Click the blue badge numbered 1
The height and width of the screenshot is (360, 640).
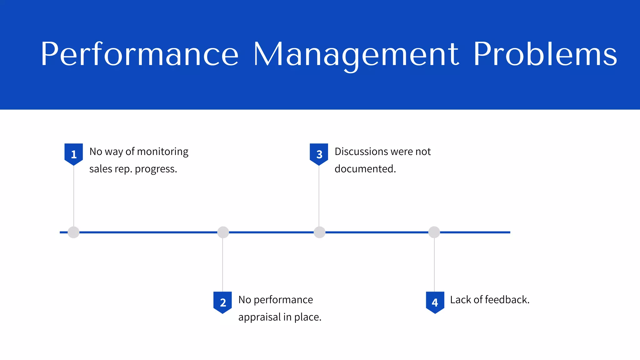point(73,154)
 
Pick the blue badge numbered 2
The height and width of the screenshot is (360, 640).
point(222,302)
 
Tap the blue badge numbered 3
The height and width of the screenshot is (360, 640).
point(319,154)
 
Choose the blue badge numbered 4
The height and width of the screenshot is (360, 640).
point(435,302)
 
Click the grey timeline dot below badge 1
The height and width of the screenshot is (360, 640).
point(73,232)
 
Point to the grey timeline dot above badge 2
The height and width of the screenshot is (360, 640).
point(223,232)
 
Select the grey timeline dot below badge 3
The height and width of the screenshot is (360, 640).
point(319,232)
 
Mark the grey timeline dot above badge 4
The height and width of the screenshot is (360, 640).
point(434,232)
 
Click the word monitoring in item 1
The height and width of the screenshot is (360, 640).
point(162,152)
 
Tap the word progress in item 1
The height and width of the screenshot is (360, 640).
point(156,169)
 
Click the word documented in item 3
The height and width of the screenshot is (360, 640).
point(365,169)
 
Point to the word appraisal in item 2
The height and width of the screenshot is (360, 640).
point(259,317)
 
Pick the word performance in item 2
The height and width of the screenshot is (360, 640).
point(283,300)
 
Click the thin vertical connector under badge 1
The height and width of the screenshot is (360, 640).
point(74,197)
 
